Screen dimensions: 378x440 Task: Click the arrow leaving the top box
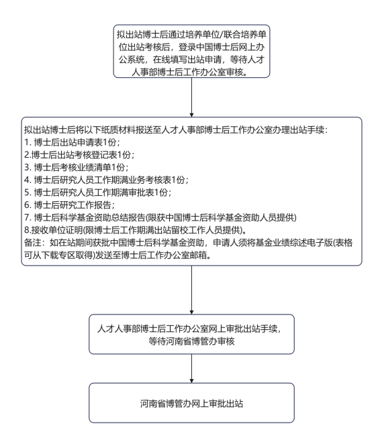[x=191, y=97]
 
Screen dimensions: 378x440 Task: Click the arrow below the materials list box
[x=191, y=290]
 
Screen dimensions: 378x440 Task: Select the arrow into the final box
[x=191, y=368]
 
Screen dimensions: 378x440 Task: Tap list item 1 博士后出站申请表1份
[x=72, y=142]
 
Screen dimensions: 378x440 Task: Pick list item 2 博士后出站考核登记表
[x=79, y=155]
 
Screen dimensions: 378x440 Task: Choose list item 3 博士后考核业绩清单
[x=77, y=167]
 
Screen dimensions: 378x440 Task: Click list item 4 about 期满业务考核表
[x=106, y=180]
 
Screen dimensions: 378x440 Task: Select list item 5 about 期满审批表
[x=98, y=192]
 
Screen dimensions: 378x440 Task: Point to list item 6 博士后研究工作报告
[x=69, y=205]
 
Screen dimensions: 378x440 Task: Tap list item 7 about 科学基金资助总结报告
[x=160, y=217]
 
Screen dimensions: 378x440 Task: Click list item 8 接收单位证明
[x=136, y=230]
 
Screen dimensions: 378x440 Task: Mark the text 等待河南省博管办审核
[x=191, y=341]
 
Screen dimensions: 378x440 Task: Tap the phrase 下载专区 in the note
[x=58, y=256]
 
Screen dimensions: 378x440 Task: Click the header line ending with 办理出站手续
[x=176, y=130]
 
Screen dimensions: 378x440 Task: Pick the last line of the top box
[x=190, y=72]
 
